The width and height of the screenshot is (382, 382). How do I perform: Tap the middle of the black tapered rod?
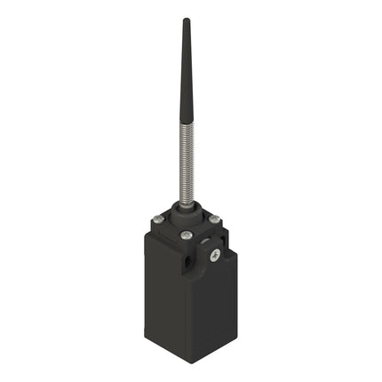coord(187,76)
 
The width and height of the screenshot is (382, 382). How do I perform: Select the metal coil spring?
coord(187,169)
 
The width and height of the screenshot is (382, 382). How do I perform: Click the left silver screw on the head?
coord(157,219)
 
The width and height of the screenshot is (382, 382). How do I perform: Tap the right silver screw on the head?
coord(214,219)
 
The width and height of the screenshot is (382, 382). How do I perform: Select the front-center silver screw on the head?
coord(186,235)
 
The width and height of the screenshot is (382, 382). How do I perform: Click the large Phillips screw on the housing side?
coord(215,256)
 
